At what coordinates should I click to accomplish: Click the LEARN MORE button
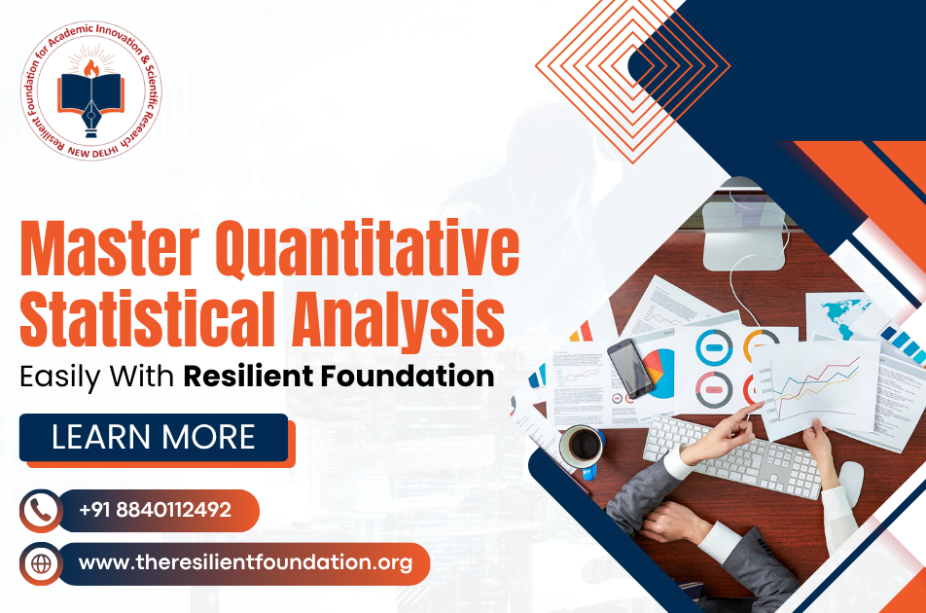pyautogui.click(x=154, y=438)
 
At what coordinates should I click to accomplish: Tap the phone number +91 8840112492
pyautogui.click(x=155, y=510)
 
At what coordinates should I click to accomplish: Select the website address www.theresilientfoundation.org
pyautogui.click(x=245, y=562)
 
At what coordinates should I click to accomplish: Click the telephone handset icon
pyautogui.click(x=40, y=510)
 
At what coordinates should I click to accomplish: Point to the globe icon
pyautogui.click(x=41, y=563)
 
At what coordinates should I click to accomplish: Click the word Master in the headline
pyautogui.click(x=109, y=249)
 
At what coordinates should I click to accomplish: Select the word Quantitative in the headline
pyautogui.click(x=367, y=249)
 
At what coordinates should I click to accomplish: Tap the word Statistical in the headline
pyautogui.click(x=148, y=318)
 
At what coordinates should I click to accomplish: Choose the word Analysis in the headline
pyautogui.click(x=398, y=319)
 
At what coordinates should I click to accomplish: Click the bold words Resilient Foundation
pyautogui.click(x=338, y=377)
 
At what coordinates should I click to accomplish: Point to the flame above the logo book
pyautogui.click(x=91, y=68)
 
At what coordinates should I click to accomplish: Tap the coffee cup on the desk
pyautogui.click(x=582, y=447)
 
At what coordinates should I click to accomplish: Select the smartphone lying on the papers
pyautogui.click(x=630, y=368)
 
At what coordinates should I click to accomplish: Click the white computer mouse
pyautogui.click(x=851, y=483)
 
